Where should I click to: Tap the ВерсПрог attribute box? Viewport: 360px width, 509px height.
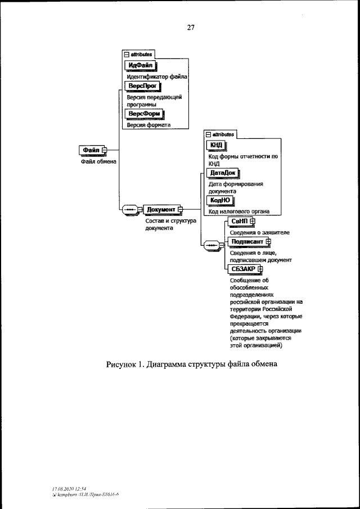click(x=142, y=86)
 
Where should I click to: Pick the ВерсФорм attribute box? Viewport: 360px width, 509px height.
click(x=145, y=114)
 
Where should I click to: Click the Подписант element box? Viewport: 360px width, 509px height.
click(x=247, y=241)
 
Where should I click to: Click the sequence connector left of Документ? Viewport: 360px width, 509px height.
click(x=130, y=209)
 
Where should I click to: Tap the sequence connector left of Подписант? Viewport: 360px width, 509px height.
click(x=211, y=245)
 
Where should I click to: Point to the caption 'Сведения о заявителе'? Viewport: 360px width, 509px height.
click(x=259, y=232)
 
